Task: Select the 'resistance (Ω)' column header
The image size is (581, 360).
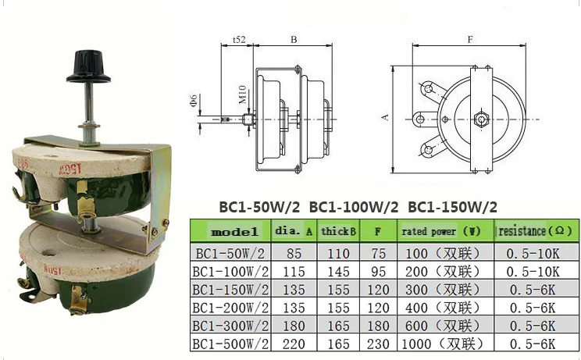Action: pos(536,231)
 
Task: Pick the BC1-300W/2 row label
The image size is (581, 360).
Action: pos(230,326)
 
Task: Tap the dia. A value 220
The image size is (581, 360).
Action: pos(294,344)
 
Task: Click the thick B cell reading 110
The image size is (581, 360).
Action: pos(338,254)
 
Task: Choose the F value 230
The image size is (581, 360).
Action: pos(378,344)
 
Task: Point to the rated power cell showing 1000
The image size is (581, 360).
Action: pos(443,344)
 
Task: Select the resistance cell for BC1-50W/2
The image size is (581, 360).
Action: pos(533,254)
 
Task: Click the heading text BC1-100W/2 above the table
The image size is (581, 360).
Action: pos(354,207)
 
